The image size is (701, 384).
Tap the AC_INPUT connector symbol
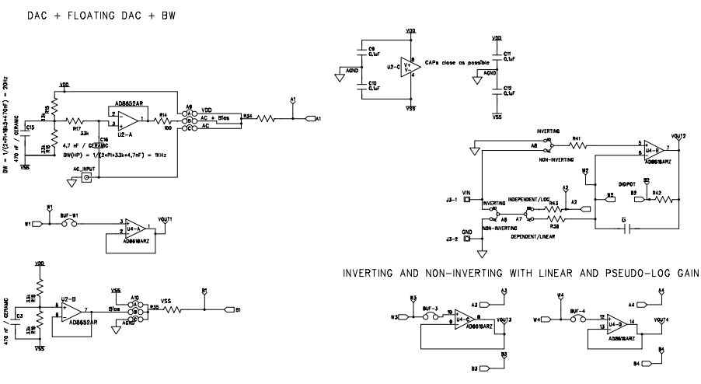click(x=86, y=178)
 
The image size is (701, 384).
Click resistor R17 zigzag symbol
click(x=78, y=120)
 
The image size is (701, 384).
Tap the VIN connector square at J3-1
click(x=467, y=200)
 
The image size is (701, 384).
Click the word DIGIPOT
click(x=629, y=184)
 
